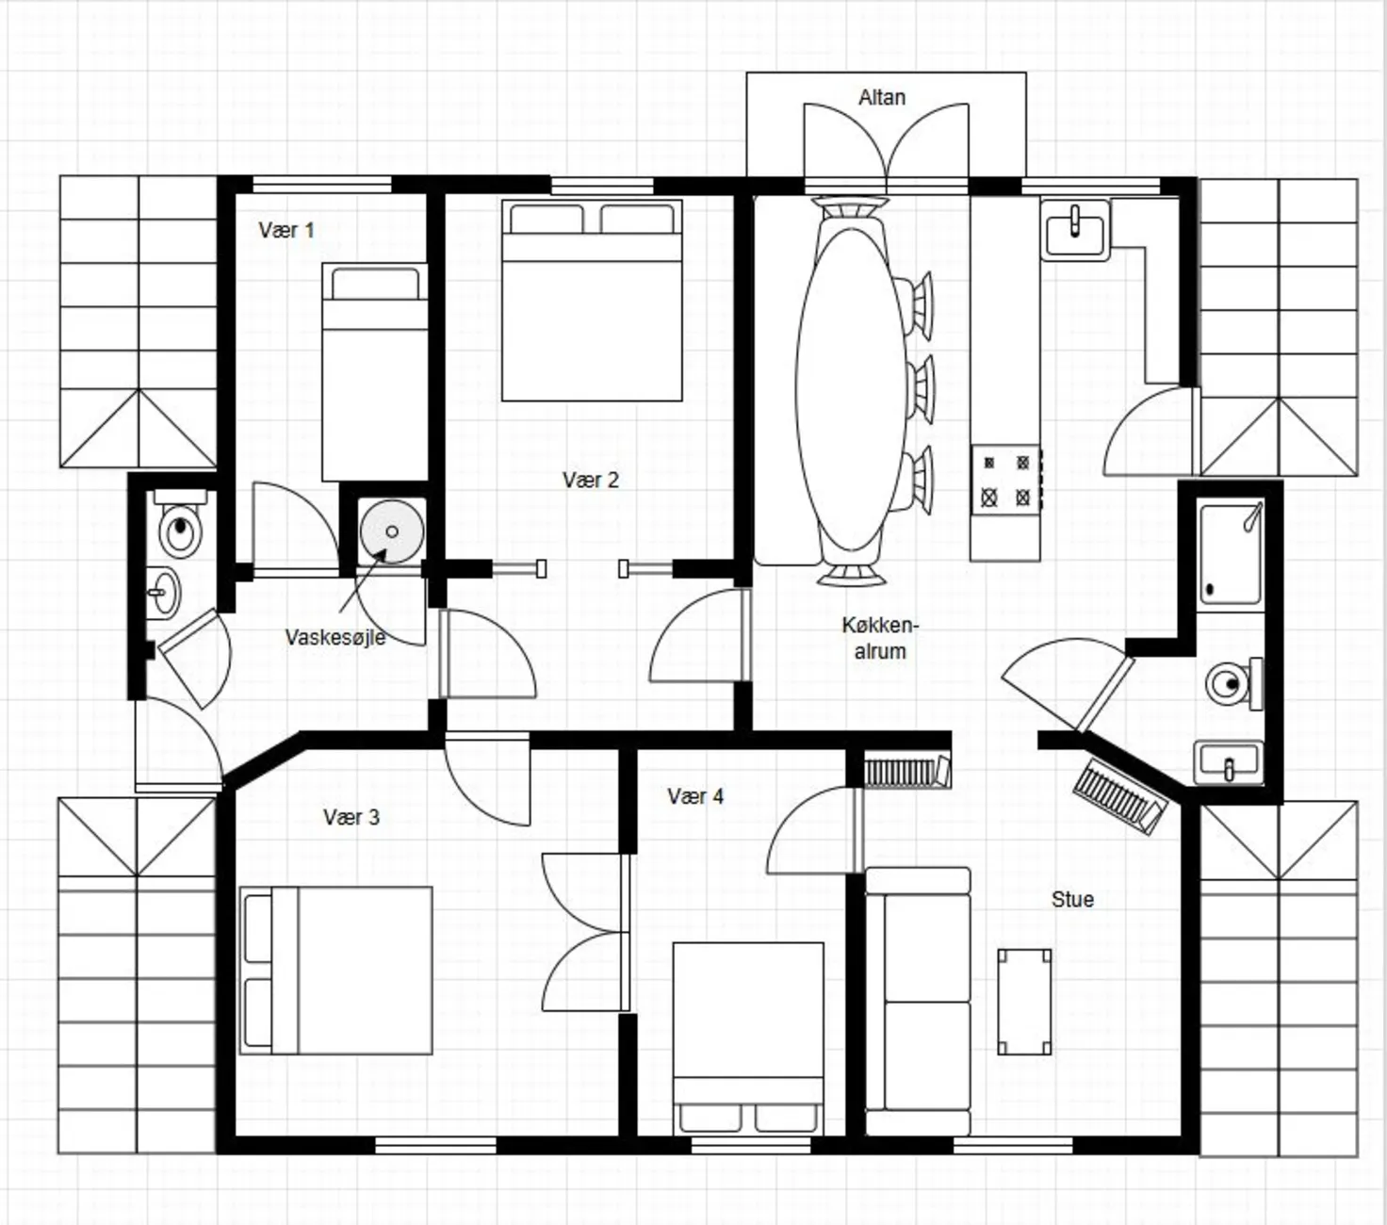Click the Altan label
point(882,97)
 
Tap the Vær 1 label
point(286,230)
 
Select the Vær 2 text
point(591,480)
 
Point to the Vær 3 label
point(351,817)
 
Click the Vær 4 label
point(695,795)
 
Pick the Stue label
point(1072,899)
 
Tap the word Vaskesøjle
point(335,638)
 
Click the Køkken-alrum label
point(880,638)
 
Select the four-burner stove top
point(1006,480)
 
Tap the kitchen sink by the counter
point(1075,229)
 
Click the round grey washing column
point(392,531)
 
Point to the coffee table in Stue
point(1024,1002)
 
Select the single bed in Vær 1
point(375,372)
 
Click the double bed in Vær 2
point(592,300)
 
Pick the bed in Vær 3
point(335,971)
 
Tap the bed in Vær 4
point(748,1038)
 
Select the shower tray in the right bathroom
point(1231,554)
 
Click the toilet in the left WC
point(180,524)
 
